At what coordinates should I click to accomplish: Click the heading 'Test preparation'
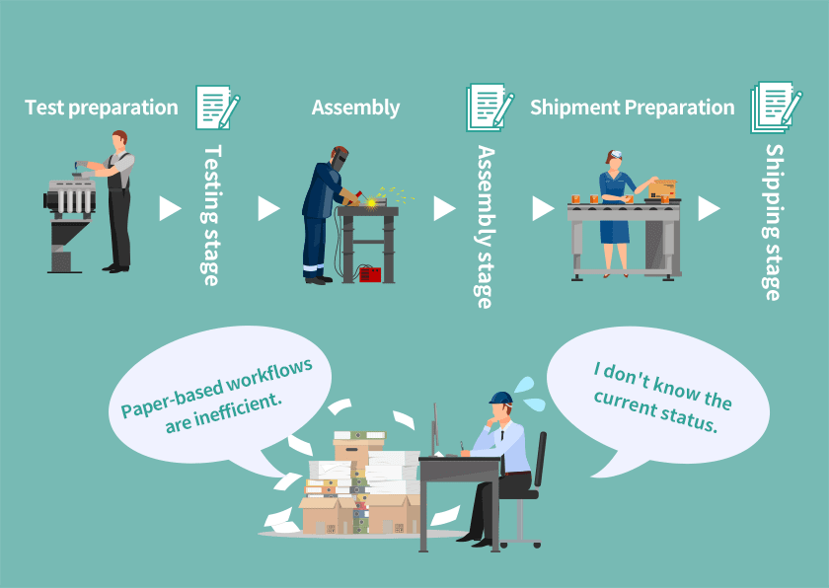coord(102,108)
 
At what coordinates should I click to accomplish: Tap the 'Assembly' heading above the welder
coord(355,108)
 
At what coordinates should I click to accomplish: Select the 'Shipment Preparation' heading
coord(633,108)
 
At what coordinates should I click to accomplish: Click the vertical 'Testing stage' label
coord(211,215)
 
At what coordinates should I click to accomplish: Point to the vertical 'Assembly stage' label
coord(485,227)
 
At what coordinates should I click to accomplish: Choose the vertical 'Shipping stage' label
coord(774,222)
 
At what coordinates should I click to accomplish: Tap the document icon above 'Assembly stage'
coord(490,108)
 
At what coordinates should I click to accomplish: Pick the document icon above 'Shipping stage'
coord(776,108)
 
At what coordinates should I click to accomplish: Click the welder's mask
coord(339,159)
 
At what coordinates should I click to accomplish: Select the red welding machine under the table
coord(370,274)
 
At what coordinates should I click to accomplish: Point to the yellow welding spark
coord(372,202)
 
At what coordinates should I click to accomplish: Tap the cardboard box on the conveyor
coord(662,188)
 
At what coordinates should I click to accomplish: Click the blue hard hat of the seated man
coord(500,398)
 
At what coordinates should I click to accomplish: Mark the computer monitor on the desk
coord(435,429)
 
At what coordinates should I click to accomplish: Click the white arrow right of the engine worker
coord(170,209)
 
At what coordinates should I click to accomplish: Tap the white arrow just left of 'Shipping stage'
coord(709,209)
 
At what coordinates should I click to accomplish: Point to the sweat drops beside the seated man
coord(529,394)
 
